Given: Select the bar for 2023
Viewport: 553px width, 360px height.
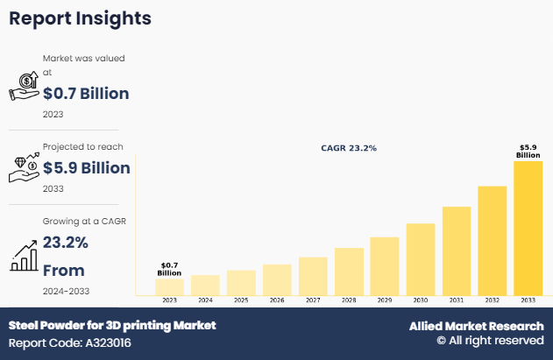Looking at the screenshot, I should (169, 286).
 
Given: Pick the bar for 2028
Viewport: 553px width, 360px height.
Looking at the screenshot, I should (349, 272).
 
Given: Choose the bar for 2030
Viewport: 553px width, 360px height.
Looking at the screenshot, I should (421, 259).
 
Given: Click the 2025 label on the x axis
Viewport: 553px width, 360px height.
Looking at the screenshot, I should (241, 300).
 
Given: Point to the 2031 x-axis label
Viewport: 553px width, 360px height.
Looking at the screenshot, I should (457, 300).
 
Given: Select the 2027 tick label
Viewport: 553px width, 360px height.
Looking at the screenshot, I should (313, 300).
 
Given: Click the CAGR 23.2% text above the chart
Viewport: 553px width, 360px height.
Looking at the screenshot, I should (348, 148).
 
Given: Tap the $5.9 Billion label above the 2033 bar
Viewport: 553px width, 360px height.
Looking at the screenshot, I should (528, 151).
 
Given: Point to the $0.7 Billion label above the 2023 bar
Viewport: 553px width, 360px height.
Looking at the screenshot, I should (169, 269).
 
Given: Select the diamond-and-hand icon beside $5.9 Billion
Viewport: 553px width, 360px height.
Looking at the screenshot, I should (24, 167).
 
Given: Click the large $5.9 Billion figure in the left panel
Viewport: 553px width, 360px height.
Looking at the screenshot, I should (86, 167).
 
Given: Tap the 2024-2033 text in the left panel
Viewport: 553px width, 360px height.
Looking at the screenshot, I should (66, 290).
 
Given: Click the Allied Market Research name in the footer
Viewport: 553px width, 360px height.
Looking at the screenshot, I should (476, 326).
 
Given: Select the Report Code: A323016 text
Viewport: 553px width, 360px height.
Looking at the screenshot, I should (69, 342).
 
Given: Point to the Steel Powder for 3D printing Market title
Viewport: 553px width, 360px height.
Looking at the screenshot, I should (111, 325).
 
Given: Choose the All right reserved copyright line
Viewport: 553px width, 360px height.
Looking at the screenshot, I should (490, 341).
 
